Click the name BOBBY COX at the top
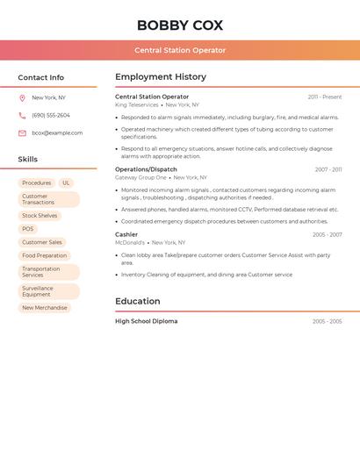pyautogui.click(x=180, y=25)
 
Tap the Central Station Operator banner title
pyautogui.click(x=180, y=50)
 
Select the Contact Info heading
pyautogui.click(x=41, y=77)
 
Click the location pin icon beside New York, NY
pyautogui.click(x=22, y=98)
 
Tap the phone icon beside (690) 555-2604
pyautogui.click(x=22, y=116)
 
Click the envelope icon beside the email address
pyautogui.click(x=22, y=133)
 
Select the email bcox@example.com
pyautogui.click(x=57, y=133)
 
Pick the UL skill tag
pyautogui.click(x=66, y=183)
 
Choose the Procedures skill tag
pyautogui.click(x=37, y=183)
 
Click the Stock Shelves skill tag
pyautogui.click(x=40, y=216)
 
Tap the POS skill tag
pyautogui.click(x=28, y=229)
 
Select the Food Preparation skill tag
pyautogui.click(x=45, y=255)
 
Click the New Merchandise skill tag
pyautogui.click(x=45, y=308)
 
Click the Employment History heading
pyautogui.click(x=161, y=77)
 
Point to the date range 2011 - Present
pyautogui.click(x=324, y=97)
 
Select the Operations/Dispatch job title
pyautogui.click(x=146, y=169)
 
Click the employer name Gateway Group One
pyautogui.click(x=140, y=177)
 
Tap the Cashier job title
pyautogui.click(x=126, y=234)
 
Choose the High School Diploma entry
pyautogui.click(x=146, y=321)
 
